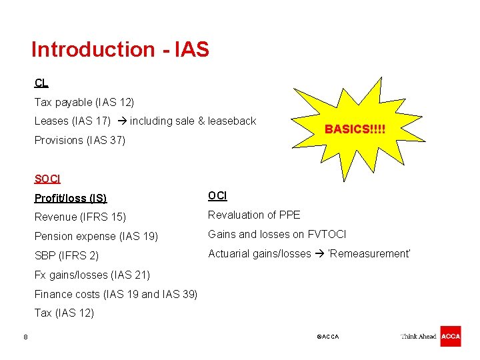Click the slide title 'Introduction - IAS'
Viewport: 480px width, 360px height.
click(x=120, y=49)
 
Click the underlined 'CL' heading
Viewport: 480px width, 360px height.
click(x=41, y=83)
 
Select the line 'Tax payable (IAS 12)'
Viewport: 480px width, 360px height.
click(x=84, y=102)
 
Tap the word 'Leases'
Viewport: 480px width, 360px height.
click(x=51, y=121)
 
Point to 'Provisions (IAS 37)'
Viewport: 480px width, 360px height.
click(x=79, y=140)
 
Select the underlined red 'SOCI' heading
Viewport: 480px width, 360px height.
click(x=47, y=179)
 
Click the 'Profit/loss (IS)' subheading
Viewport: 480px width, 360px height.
click(x=71, y=198)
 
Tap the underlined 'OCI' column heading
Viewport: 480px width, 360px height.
click(x=217, y=195)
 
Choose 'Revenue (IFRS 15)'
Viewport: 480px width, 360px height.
click(x=80, y=217)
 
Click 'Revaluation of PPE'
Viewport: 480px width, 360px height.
click(x=254, y=215)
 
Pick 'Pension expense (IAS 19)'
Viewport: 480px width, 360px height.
click(x=96, y=236)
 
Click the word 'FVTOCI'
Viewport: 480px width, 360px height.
click(x=327, y=234)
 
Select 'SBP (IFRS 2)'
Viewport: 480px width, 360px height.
click(x=67, y=255)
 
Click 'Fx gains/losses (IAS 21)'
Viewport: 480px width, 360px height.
click(x=92, y=275)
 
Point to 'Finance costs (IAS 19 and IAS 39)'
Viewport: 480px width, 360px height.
click(x=116, y=294)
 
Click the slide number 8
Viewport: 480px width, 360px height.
click(x=25, y=337)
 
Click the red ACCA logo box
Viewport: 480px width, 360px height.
click(x=450, y=336)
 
